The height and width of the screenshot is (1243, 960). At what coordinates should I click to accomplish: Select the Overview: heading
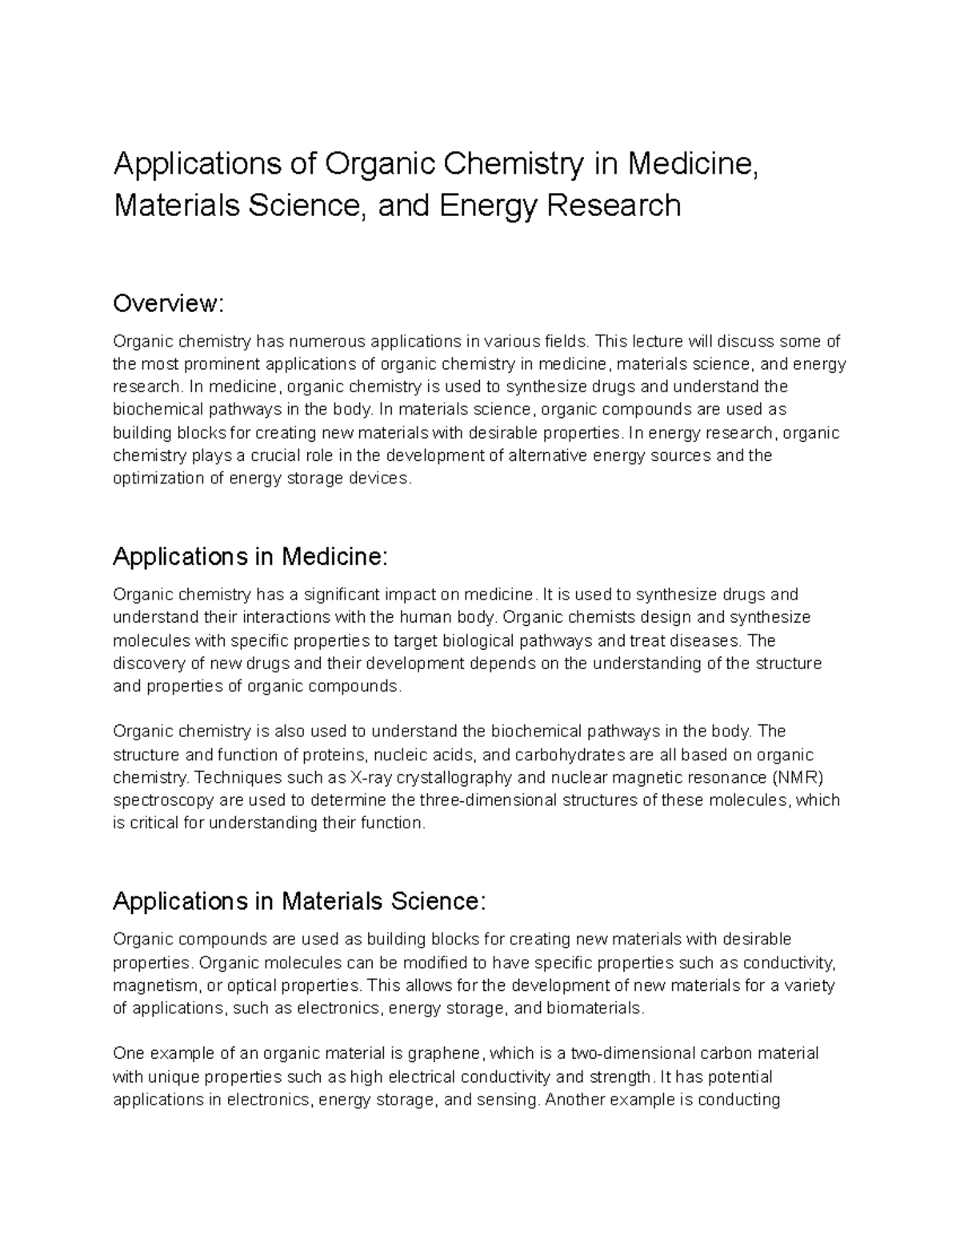(170, 304)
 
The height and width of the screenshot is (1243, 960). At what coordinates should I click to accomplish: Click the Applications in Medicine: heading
(250, 556)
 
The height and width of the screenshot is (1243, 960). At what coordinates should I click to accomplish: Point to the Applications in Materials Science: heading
(299, 901)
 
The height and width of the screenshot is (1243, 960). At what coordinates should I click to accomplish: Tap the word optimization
(154, 479)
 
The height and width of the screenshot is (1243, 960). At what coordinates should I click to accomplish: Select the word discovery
(148, 664)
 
